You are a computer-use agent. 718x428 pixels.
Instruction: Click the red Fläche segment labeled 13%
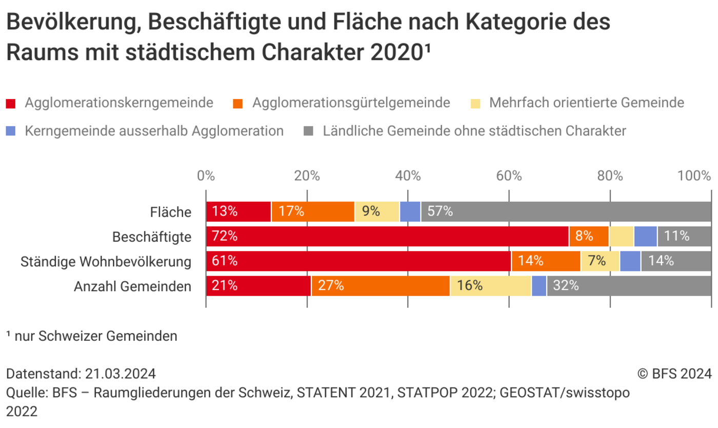click(238, 211)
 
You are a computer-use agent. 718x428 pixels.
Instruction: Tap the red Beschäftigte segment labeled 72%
click(387, 237)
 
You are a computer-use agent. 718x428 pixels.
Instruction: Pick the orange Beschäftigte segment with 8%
click(589, 237)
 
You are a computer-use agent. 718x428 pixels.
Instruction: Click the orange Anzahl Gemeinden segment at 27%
click(381, 286)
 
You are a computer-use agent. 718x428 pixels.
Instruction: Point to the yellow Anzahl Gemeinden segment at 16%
click(490, 286)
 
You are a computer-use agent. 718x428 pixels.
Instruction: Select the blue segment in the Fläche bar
click(410, 211)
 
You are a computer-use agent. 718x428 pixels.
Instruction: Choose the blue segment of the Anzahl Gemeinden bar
click(539, 286)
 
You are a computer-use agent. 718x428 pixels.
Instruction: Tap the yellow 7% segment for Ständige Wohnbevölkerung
click(600, 261)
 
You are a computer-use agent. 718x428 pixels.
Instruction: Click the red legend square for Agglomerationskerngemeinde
click(11, 103)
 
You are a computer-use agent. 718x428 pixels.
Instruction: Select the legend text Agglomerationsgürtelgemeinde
click(351, 103)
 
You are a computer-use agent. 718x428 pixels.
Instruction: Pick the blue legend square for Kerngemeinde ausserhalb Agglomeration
click(11, 131)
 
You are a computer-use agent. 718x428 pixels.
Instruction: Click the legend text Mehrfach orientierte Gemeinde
click(587, 103)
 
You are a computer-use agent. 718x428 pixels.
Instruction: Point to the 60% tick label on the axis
click(509, 176)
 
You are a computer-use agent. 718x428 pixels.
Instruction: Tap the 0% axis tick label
click(206, 176)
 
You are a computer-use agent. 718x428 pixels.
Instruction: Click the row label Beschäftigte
click(152, 237)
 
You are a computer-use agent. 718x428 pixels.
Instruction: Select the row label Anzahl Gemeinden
click(133, 286)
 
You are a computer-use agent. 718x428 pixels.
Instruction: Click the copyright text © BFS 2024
click(674, 373)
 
